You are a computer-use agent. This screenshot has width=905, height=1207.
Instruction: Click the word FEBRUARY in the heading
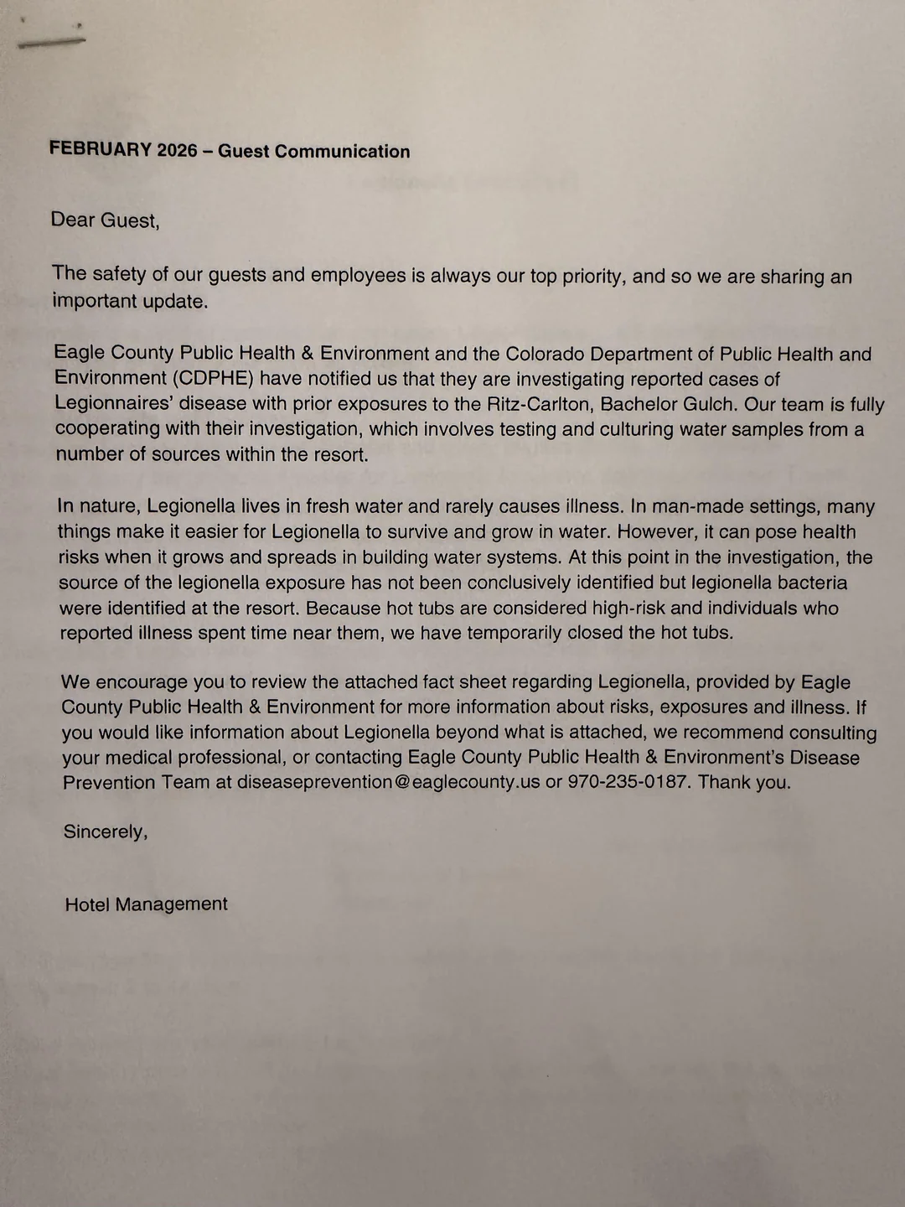click(x=101, y=149)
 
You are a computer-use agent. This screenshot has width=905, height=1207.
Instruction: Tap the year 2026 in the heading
click(x=177, y=151)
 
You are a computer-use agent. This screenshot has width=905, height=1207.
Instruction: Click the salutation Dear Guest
click(x=104, y=220)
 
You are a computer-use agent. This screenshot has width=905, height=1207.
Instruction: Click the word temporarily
click(x=501, y=633)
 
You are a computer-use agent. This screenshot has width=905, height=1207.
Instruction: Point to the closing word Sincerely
click(x=105, y=831)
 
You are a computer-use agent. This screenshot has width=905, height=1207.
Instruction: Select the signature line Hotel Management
click(x=146, y=904)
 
